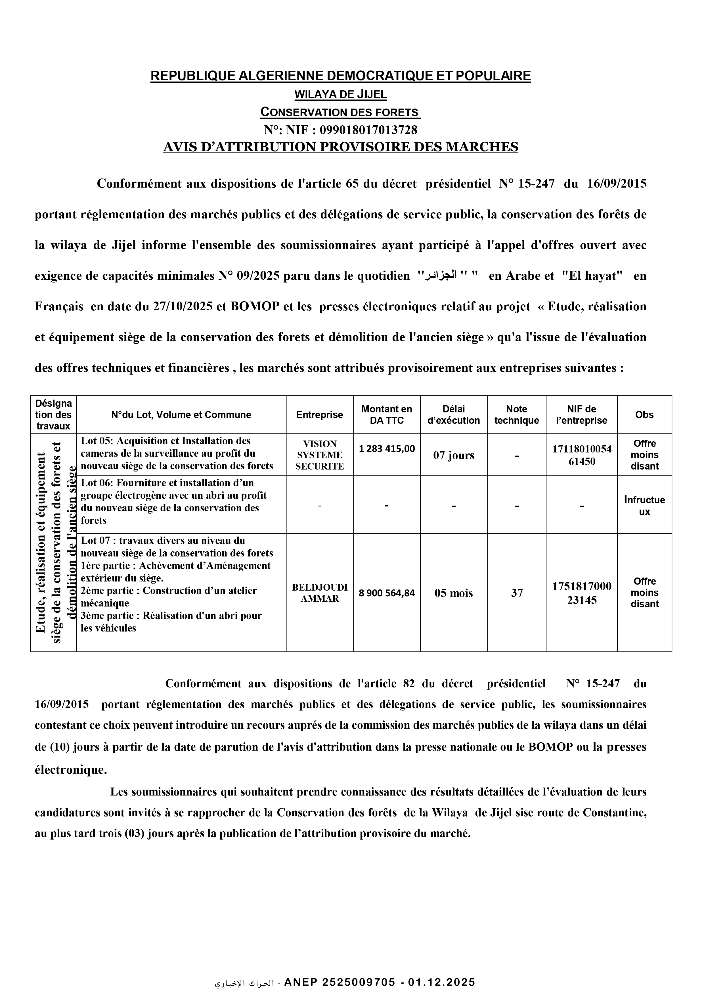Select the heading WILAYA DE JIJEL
341,94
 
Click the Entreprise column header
319,415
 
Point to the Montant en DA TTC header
386,415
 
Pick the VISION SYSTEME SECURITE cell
319,455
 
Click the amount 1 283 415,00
386,448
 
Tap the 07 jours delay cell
453,456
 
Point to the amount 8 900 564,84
386,593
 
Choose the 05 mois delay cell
453,593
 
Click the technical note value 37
517,593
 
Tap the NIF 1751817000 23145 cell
581,593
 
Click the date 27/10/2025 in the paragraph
183,307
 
